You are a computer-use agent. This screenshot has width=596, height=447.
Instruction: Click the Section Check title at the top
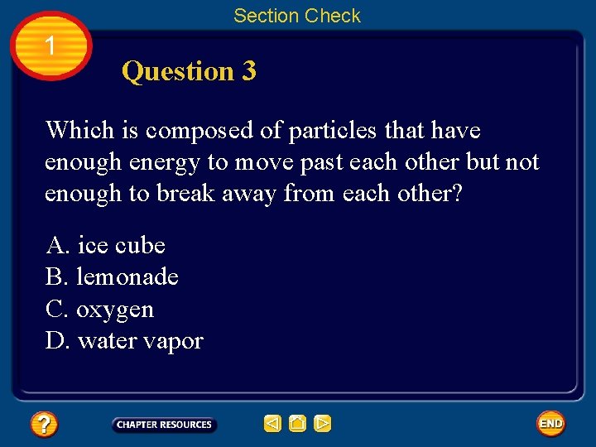[x=296, y=16]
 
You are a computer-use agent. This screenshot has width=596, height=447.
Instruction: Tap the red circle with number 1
[x=51, y=46]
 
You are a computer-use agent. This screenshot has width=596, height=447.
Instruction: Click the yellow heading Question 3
[x=189, y=71]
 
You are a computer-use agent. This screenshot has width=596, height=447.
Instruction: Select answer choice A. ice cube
[x=105, y=245]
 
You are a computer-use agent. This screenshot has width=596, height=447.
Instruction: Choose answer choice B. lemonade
[x=112, y=276]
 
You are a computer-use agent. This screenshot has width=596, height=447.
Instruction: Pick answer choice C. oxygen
[x=99, y=309]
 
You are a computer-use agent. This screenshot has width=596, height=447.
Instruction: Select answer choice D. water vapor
[x=124, y=340]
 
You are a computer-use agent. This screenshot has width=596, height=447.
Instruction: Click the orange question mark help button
[x=44, y=425]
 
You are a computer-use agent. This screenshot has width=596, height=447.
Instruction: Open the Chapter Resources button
[x=164, y=425]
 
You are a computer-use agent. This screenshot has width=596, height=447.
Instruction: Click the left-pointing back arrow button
[x=272, y=424]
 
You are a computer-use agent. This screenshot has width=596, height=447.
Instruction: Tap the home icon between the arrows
[x=298, y=424]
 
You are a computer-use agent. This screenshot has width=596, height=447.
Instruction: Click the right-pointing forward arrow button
[x=323, y=424]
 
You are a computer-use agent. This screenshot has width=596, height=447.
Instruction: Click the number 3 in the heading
[x=249, y=71]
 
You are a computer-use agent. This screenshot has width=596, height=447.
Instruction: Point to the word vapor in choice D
[x=175, y=341]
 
